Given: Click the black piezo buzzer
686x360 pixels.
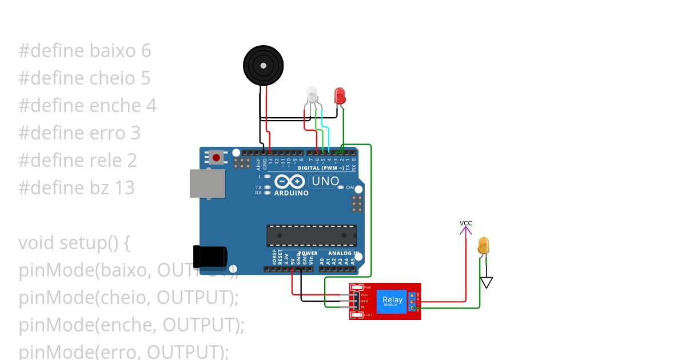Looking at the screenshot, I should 263,66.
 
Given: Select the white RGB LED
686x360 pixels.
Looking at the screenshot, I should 312,94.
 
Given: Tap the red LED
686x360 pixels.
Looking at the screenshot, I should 340,95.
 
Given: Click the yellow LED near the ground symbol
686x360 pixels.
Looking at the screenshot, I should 483,246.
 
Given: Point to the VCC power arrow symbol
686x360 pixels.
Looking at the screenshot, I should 466,230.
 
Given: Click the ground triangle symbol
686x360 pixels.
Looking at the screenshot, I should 486,282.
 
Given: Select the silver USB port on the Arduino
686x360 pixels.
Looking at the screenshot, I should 207,183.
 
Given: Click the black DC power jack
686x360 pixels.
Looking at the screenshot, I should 209,257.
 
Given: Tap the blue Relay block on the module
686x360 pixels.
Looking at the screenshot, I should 392,301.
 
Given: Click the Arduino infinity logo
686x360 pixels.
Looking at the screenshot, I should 290,182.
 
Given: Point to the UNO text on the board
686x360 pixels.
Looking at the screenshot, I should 324,181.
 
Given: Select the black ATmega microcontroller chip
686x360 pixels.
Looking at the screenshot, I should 312,235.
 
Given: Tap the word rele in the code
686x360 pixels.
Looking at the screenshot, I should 107,160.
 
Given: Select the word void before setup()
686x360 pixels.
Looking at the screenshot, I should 36,243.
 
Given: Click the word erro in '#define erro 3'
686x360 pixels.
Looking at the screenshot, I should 107,133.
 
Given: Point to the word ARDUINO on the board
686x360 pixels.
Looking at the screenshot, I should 291,193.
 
